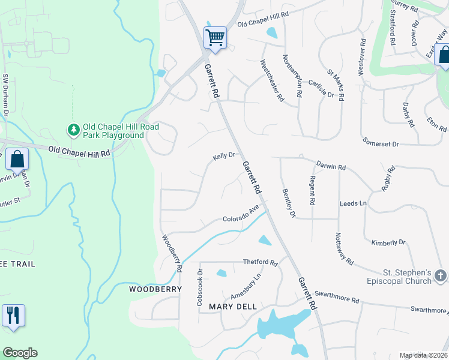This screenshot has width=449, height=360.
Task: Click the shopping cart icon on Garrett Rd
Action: point(215,38)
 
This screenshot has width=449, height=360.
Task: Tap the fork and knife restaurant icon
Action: point(13,315)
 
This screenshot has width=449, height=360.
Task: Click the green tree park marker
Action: point(74,129)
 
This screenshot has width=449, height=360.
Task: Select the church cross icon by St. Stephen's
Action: point(440,276)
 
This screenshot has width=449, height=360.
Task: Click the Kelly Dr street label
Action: point(223,156)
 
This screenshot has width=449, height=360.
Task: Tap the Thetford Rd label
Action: point(260,262)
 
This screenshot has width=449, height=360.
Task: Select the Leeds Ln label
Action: point(353,203)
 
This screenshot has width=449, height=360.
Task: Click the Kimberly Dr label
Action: point(388,242)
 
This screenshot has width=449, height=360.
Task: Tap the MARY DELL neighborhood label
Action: point(233,307)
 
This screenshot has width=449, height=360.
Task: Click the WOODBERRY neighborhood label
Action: point(155,289)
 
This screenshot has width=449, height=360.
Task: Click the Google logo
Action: point(20,353)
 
